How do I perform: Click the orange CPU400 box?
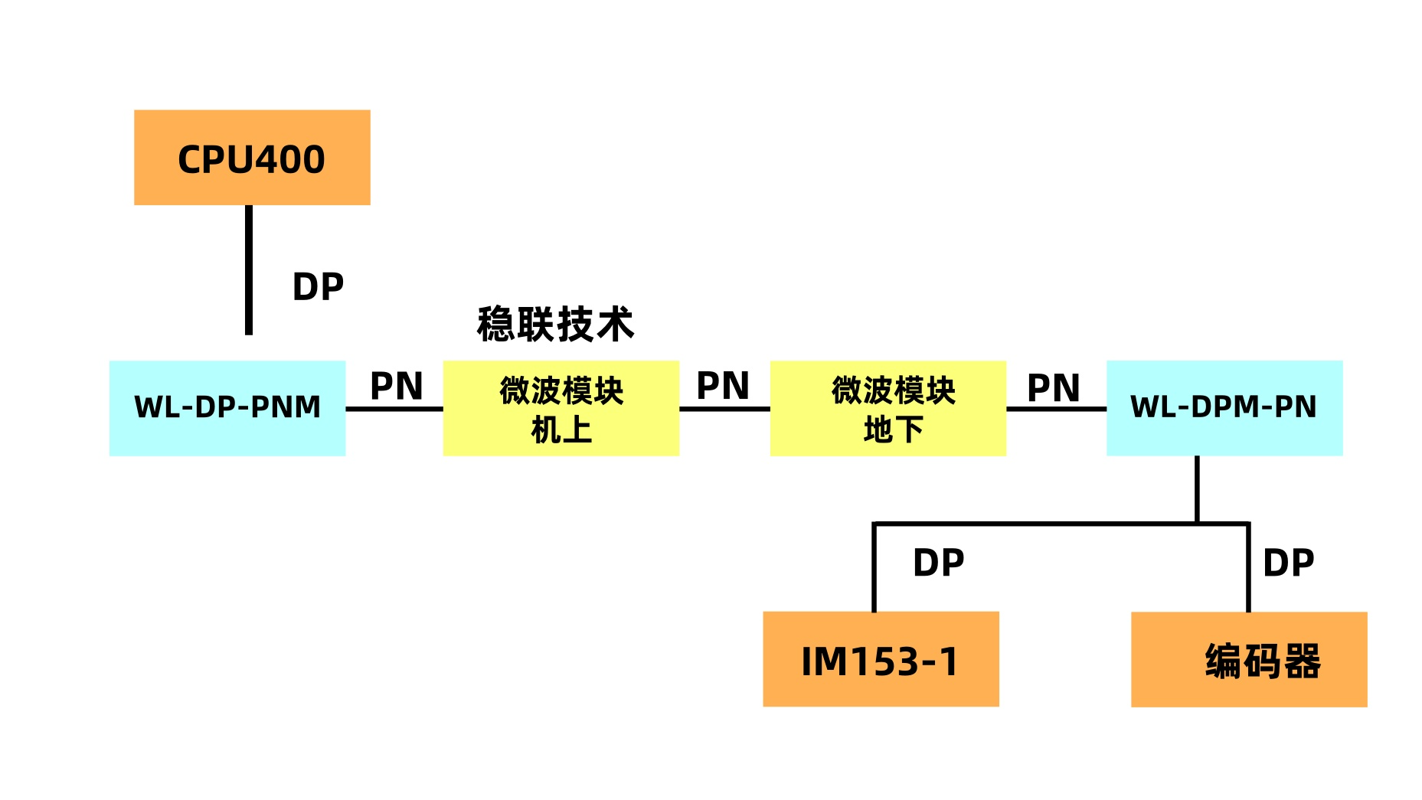click(x=252, y=158)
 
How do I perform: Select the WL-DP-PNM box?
click(x=227, y=408)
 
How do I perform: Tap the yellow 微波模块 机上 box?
click(x=561, y=408)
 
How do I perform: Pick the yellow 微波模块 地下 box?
click(x=888, y=408)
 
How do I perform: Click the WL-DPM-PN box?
click(x=1224, y=408)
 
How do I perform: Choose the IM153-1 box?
click(x=881, y=659)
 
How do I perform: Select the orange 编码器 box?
click(x=1248, y=659)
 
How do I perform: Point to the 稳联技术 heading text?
click(x=556, y=324)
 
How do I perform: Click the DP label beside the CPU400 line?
click(x=318, y=287)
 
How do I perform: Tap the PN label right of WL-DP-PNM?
click(x=396, y=386)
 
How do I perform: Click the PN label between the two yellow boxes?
click(x=722, y=386)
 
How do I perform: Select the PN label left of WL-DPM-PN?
click(x=1053, y=387)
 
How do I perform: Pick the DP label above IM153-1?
click(x=938, y=563)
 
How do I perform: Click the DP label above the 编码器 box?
click(x=1288, y=563)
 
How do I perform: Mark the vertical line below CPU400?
click(x=249, y=269)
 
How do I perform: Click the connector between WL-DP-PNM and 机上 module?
click(x=394, y=409)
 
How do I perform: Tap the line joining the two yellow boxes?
click(x=724, y=409)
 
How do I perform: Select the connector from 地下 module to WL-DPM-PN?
click(x=1056, y=409)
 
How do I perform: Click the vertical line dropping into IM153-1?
click(x=874, y=567)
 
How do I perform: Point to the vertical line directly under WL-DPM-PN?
click(x=1197, y=489)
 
